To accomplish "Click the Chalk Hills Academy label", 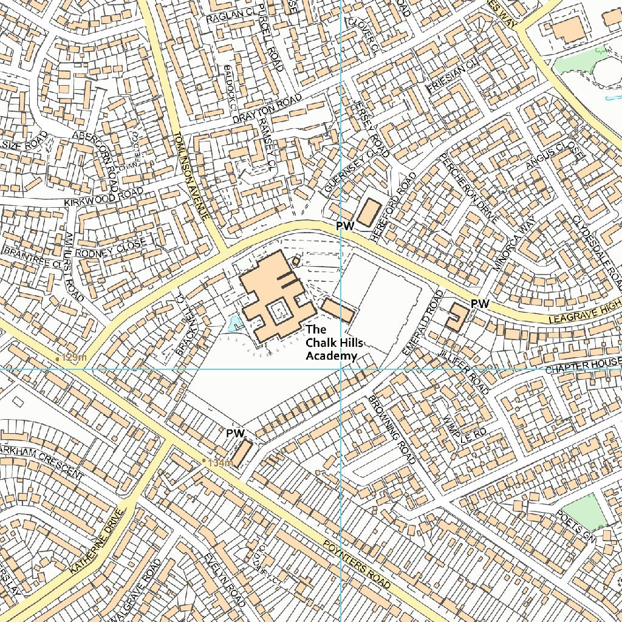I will click(x=331, y=343).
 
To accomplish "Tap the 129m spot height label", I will click(x=73, y=358).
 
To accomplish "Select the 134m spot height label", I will click(x=220, y=463).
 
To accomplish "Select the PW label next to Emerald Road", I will click(x=480, y=303).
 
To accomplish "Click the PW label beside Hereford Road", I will click(x=345, y=225).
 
